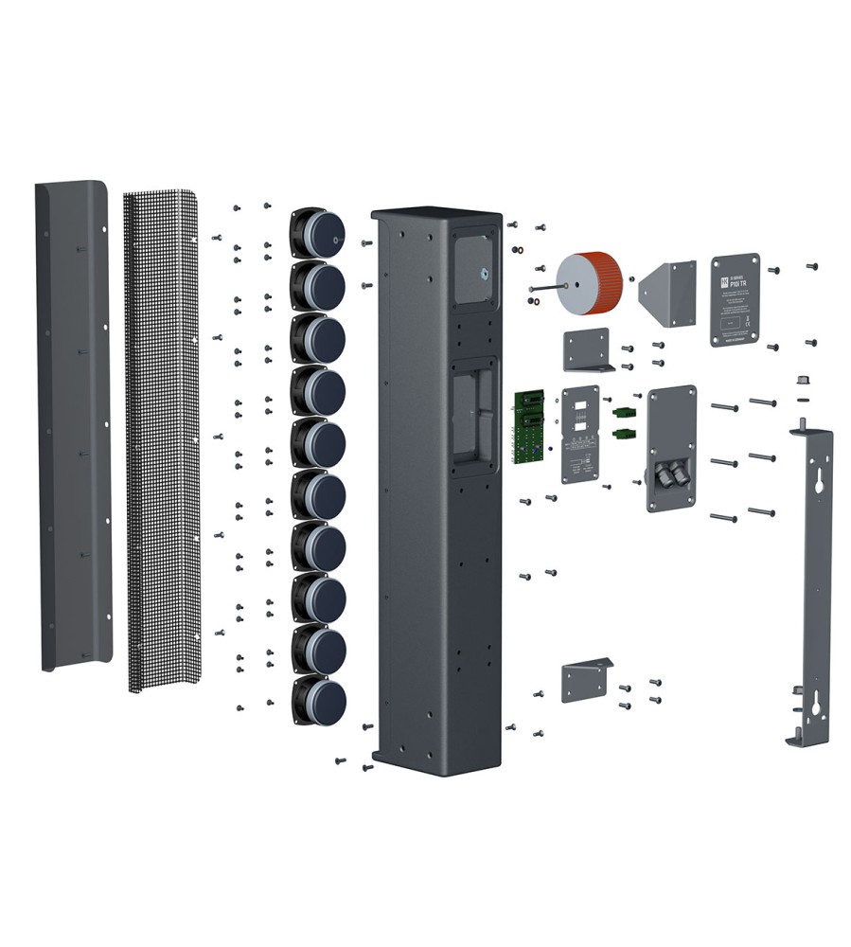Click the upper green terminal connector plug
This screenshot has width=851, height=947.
[624, 413]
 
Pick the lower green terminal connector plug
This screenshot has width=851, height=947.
[624, 434]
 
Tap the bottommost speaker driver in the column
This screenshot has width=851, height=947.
[319, 700]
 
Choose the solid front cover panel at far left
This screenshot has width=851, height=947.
[73, 426]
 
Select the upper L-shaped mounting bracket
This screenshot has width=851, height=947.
[587, 348]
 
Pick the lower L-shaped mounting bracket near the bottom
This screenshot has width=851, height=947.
[585, 680]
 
